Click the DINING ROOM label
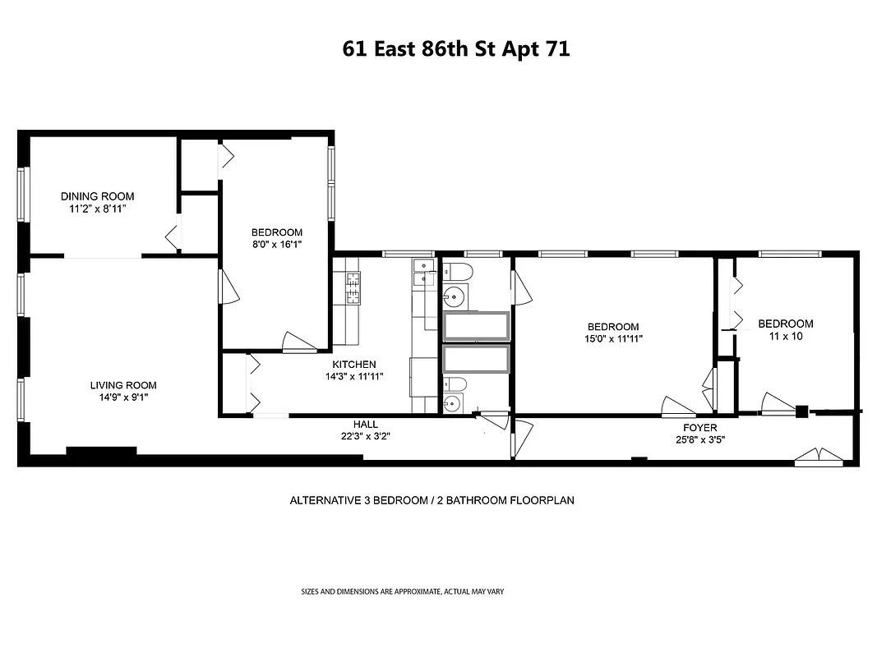tap(97, 196)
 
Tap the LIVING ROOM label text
tap(123, 385)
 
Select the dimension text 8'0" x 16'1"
tap(276, 245)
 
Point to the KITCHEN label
tap(354, 365)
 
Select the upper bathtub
tap(476, 326)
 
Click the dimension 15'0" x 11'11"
tap(613, 338)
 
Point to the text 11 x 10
tap(785, 336)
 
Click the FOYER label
tap(699, 428)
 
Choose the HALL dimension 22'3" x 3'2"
tap(366, 436)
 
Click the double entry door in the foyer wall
tap(819, 457)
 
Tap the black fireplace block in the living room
tap(100, 450)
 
